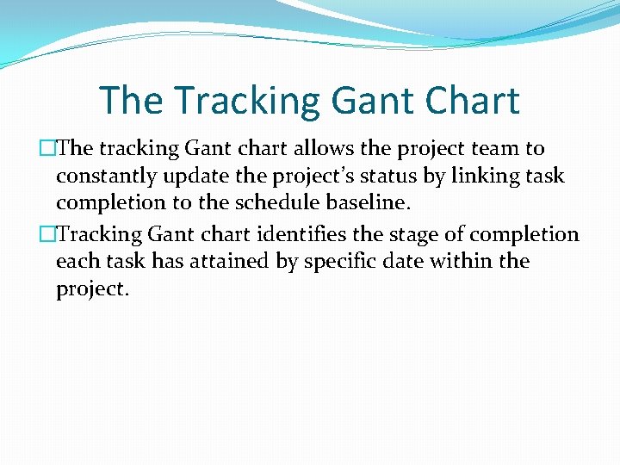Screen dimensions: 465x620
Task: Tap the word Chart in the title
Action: coord(469,101)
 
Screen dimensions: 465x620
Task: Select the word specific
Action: coord(342,262)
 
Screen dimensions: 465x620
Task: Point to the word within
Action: coord(466,262)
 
